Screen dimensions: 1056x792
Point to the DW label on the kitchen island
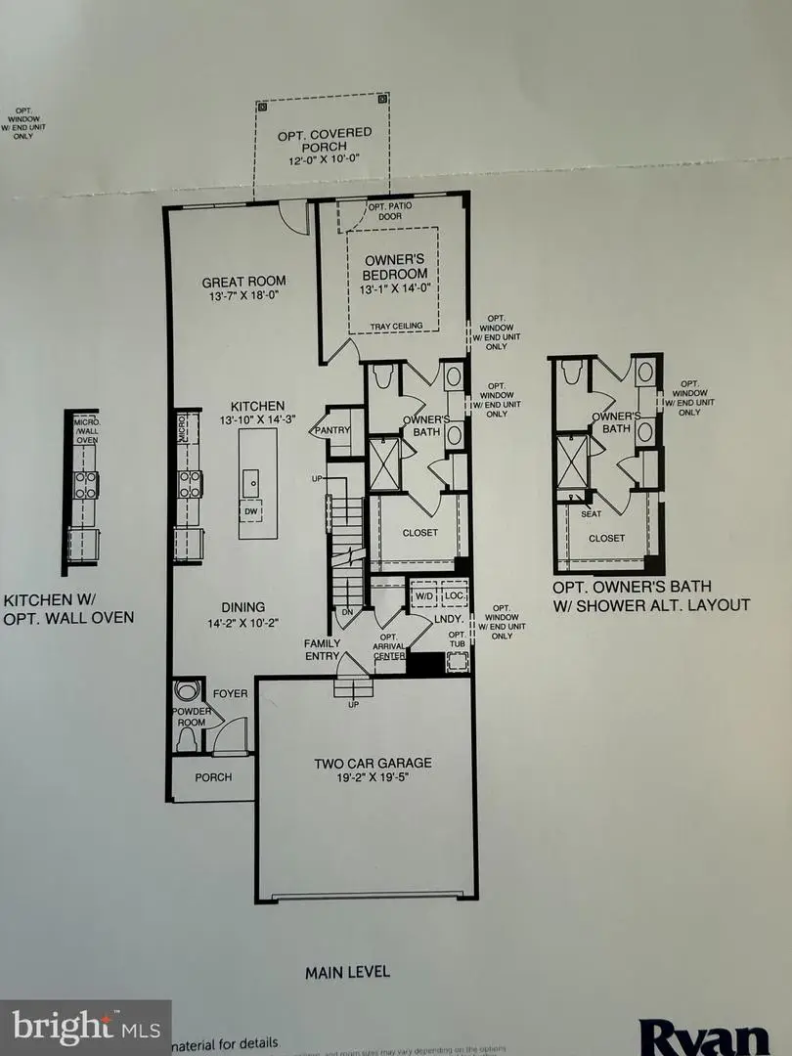252,509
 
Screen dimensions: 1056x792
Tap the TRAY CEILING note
393,327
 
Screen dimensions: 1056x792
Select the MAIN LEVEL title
347,971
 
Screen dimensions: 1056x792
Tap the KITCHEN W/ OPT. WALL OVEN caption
68,608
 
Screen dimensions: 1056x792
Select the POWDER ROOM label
192,719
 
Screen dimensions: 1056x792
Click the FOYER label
232,693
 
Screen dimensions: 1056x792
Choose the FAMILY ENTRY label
322,650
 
